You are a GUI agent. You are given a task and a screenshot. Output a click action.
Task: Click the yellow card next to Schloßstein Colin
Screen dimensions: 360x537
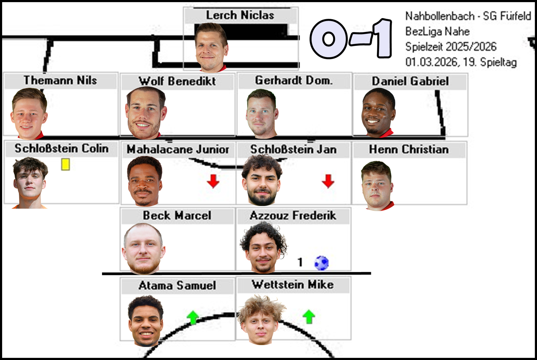65,164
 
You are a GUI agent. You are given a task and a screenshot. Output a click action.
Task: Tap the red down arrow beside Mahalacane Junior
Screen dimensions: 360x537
213,181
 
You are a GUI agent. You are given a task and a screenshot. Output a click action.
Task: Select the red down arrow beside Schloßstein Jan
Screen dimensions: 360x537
328,181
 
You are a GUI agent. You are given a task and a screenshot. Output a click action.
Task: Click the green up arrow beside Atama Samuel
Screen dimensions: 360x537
193,317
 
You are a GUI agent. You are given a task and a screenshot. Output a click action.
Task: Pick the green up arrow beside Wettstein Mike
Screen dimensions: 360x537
309,316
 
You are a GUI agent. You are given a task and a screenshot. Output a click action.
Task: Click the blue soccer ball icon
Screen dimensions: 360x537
321,263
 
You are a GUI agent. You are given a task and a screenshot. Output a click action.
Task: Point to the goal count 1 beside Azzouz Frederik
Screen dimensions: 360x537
300,262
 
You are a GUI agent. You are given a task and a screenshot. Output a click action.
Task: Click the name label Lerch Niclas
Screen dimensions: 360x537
240,15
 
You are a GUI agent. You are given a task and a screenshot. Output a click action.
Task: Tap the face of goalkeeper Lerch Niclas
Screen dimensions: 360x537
211,48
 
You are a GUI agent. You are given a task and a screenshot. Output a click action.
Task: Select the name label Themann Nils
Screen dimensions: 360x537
60,80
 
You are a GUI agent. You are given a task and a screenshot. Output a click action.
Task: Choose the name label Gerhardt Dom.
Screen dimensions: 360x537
294,81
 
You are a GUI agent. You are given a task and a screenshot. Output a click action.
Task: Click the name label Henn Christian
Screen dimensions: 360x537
409,149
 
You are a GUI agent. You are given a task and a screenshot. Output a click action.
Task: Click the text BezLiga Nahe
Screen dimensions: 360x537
437,31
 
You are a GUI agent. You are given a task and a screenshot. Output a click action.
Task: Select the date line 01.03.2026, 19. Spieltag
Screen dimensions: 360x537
461,62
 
